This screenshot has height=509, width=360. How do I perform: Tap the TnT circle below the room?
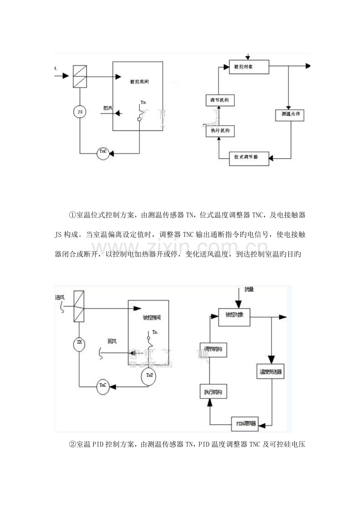pyautogui.click(x=149, y=374)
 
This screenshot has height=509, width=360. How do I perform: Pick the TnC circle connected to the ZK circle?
pyautogui.click(x=103, y=385)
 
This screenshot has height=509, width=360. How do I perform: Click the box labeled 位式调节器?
pyautogui.click(x=249, y=158)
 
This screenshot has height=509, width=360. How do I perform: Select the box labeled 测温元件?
pyautogui.click(x=290, y=115)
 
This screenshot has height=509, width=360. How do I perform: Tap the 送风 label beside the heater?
pyautogui.click(x=60, y=298)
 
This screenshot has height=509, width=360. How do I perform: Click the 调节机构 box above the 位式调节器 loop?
pyautogui.click(x=220, y=100)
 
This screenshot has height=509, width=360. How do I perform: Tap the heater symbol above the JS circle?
pyautogui.click(x=80, y=77)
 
